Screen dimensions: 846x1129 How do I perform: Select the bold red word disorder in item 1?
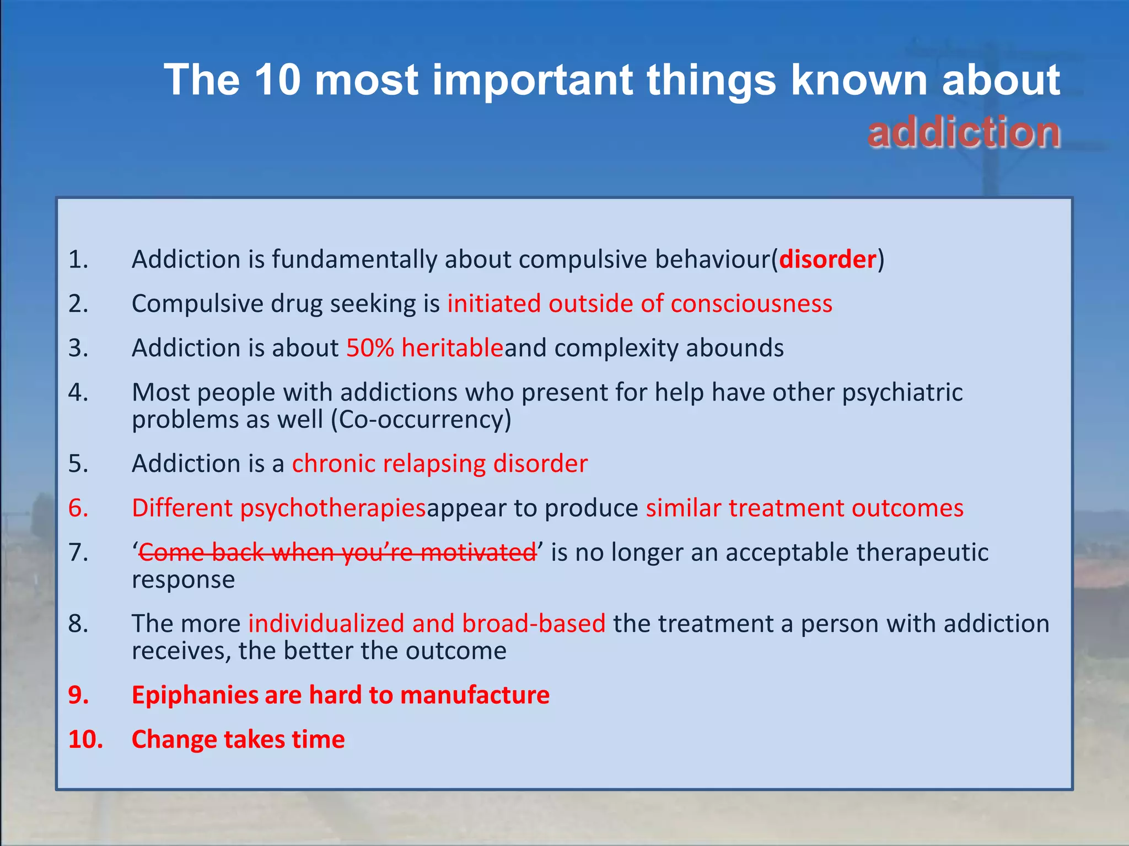[x=827, y=259]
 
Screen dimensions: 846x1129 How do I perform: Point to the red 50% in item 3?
[x=370, y=348]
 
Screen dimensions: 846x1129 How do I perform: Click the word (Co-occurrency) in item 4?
[x=421, y=420]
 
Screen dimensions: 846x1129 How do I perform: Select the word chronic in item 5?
[x=334, y=464]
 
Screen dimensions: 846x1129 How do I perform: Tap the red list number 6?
[x=78, y=508]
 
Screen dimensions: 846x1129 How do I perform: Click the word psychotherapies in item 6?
[x=333, y=508]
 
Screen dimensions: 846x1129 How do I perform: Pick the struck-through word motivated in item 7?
[x=478, y=552]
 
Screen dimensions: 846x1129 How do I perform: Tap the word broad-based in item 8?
[x=534, y=624]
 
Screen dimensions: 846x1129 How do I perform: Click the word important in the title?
[x=531, y=80]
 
